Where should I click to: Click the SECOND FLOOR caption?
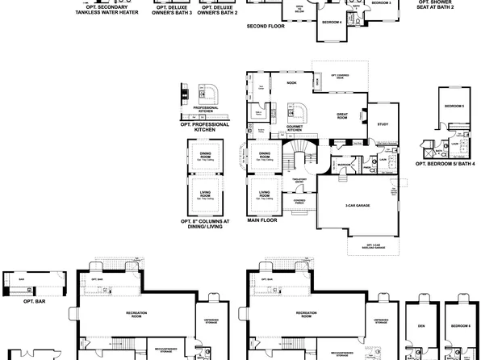pyautogui.click(x=266, y=25)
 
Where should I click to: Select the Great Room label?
pyautogui.click(x=343, y=116)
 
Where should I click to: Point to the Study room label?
pyautogui.click(x=383, y=124)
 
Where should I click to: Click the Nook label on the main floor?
pyautogui.click(x=291, y=82)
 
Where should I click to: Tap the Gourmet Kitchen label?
pyautogui.click(x=295, y=128)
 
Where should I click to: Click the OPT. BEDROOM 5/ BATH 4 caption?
pyautogui.click(x=445, y=163)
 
